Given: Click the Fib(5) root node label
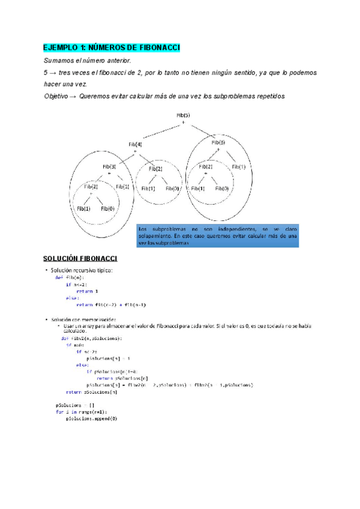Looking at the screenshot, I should pos(184,115).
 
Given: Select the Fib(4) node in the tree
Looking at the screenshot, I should pos(135,144).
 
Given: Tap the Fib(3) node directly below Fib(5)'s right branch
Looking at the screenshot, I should pos(218,142).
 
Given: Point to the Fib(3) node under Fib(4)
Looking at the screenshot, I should pos(109,166).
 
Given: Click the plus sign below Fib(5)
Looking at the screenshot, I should pos(184,122).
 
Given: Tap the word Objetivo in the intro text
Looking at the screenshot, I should pos(56,96).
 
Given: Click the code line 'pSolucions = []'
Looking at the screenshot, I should pos(71,405).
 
